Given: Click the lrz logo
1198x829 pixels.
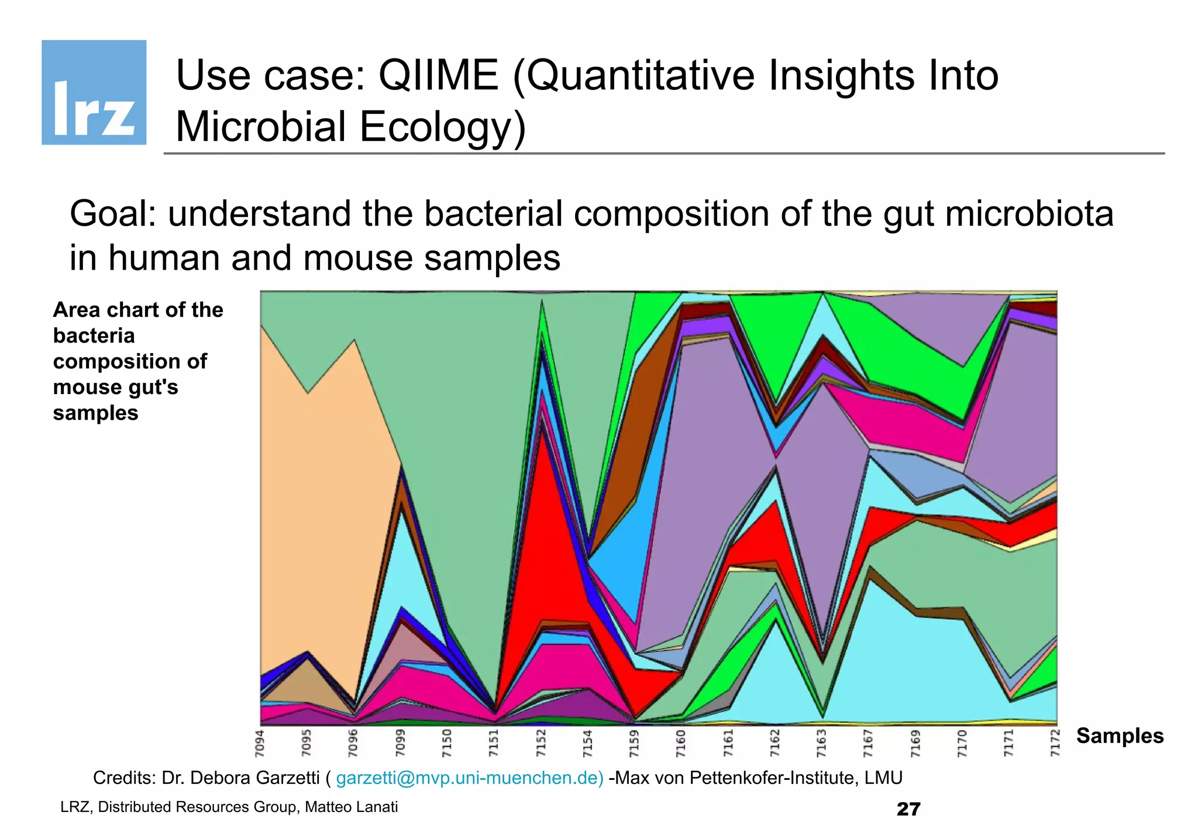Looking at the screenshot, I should click(x=94, y=92).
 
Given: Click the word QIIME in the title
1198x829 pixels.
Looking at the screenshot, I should click(x=438, y=76).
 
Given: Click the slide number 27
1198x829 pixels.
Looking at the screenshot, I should click(x=908, y=809).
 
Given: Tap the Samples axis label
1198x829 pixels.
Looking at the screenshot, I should click(x=1120, y=735).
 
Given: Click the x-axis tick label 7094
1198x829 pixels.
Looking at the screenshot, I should click(x=260, y=743).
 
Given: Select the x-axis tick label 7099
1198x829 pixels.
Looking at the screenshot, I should click(x=400, y=743).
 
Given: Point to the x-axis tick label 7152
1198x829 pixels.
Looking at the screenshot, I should click(x=541, y=743).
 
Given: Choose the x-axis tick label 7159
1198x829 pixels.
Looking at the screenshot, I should click(x=635, y=743).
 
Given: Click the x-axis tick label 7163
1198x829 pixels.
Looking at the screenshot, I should click(x=822, y=743).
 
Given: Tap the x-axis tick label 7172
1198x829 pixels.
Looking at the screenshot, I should click(x=1055, y=743).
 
